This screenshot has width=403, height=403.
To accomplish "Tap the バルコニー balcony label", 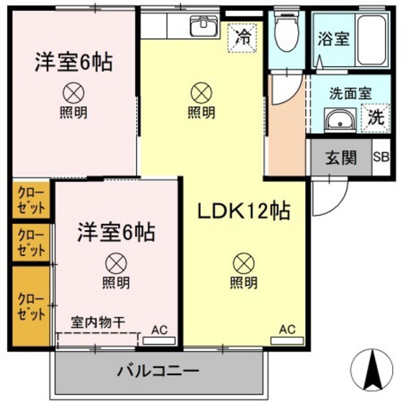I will [x=158, y=372].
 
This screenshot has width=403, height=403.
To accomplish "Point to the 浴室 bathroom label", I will [x=333, y=39].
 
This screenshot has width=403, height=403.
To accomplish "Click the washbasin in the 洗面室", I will [x=338, y=120].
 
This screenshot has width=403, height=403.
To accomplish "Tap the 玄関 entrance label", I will [x=341, y=158].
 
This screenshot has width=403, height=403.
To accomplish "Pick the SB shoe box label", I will [x=381, y=158].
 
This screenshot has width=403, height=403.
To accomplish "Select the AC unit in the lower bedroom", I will [x=159, y=331].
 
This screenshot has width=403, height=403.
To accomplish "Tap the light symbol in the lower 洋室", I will [x=115, y=262].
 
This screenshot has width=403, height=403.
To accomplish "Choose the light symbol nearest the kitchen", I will [x=201, y=91].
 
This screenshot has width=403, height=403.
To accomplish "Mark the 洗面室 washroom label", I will [x=350, y=94].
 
